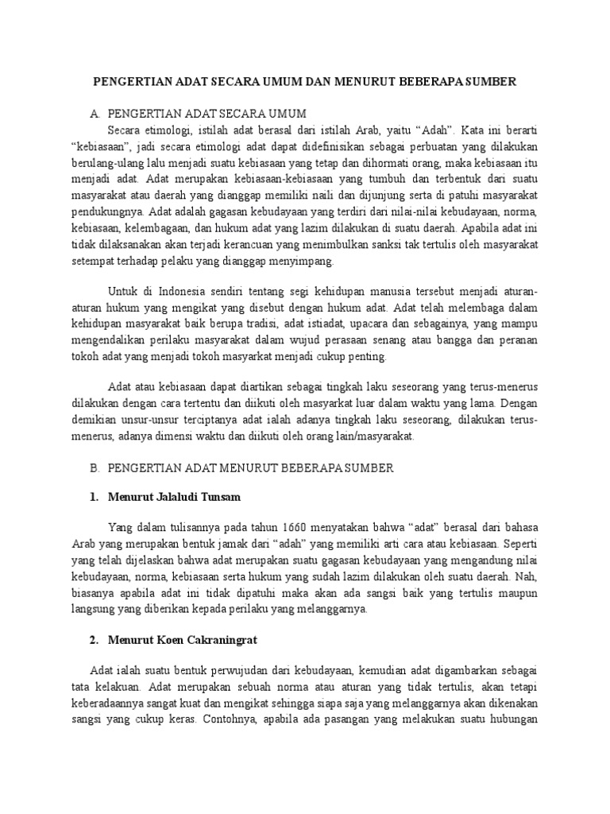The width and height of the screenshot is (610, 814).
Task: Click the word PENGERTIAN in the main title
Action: click(133, 82)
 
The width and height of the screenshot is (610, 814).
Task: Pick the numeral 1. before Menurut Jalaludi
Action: click(95, 498)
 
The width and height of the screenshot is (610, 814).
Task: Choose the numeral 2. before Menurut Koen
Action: click(95, 639)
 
